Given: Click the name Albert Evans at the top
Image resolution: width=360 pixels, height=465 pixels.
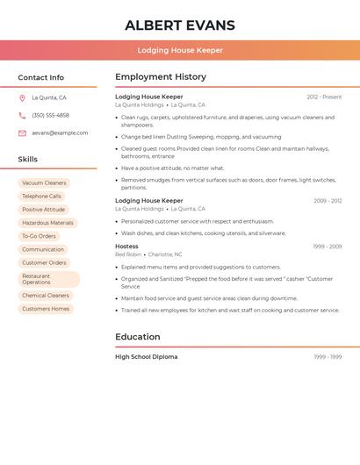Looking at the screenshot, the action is [179, 25].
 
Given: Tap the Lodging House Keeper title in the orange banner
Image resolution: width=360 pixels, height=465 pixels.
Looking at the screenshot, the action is [180, 50].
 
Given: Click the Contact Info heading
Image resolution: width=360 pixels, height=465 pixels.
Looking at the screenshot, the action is [40, 77].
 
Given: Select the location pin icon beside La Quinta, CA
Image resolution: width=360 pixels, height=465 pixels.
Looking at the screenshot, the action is [22, 98].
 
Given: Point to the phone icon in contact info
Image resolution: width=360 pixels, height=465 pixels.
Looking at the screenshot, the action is [22, 116].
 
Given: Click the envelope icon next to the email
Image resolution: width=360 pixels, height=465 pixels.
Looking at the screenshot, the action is [22, 133].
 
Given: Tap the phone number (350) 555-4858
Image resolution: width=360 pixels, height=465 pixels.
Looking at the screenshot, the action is [50, 116].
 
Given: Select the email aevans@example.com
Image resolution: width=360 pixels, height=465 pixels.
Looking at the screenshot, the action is [60, 133].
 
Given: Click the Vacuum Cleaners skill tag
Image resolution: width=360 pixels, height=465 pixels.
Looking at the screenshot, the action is [44, 183].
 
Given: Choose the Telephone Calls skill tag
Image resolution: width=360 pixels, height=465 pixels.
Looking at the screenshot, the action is [41, 197].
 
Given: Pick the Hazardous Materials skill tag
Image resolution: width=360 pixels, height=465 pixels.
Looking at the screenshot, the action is [47, 223].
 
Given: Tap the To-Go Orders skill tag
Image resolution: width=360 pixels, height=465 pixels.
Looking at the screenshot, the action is [39, 236].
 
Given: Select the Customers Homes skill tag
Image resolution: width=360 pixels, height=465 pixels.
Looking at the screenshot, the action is [46, 309].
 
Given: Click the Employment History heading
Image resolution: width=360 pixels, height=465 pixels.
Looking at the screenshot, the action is [161, 77].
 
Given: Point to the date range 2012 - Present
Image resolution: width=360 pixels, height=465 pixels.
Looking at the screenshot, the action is [324, 97].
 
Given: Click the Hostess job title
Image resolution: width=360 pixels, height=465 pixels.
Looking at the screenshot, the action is [126, 247].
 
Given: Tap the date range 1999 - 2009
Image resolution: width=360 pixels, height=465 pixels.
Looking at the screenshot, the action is [327, 247].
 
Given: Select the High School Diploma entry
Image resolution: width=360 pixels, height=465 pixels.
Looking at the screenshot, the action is [146, 357].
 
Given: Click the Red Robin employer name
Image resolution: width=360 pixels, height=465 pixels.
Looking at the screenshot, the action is [127, 254].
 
